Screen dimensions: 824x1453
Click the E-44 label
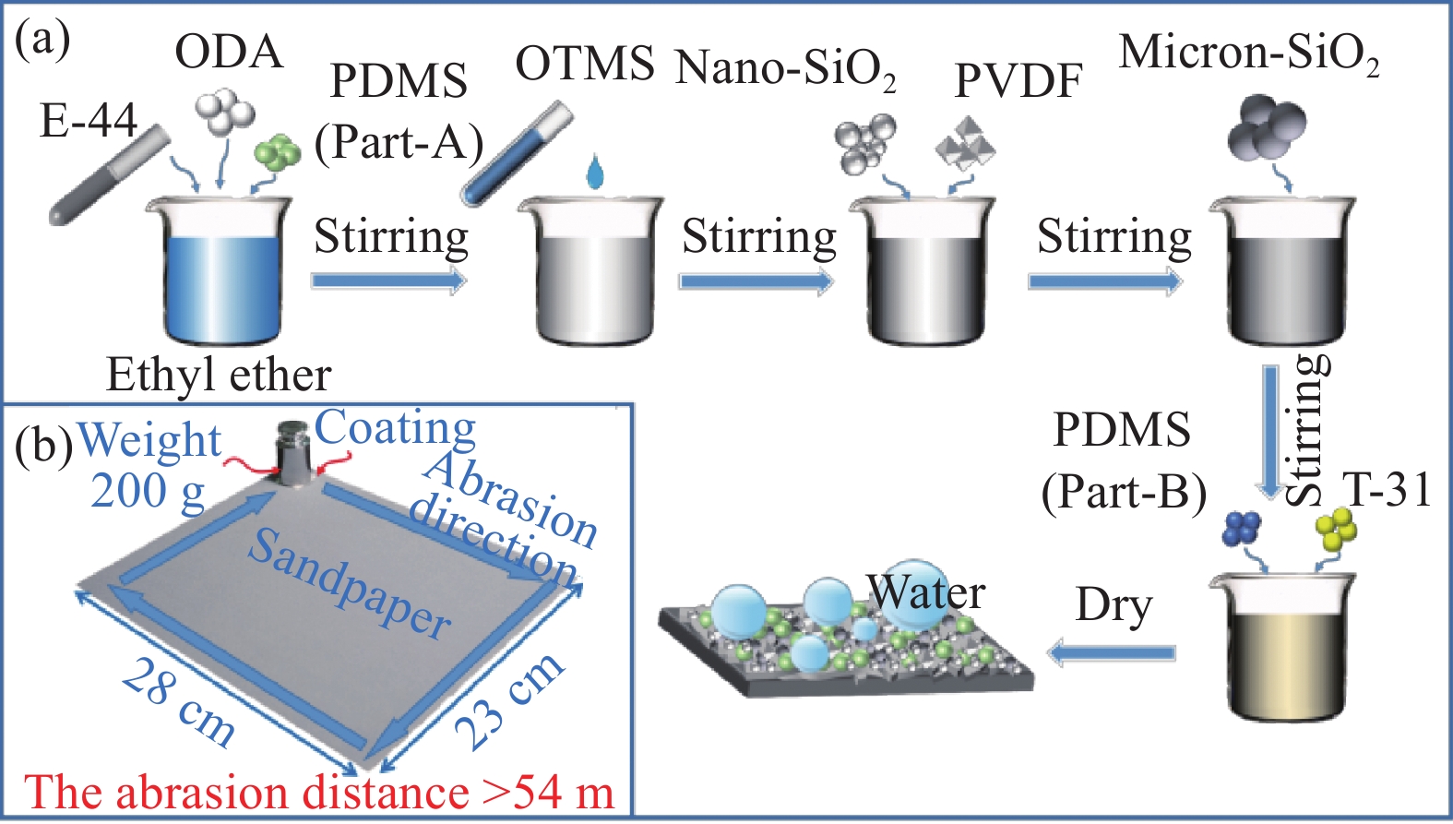click(89, 120)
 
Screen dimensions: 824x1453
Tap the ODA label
click(229, 52)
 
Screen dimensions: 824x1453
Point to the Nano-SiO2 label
click(785, 69)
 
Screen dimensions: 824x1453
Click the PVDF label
click(1018, 81)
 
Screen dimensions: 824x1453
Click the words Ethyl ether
click(219, 375)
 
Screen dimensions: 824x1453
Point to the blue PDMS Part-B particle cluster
click(1241, 529)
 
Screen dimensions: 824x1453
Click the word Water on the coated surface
click(926, 592)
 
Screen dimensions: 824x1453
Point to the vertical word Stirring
click(1308, 429)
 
